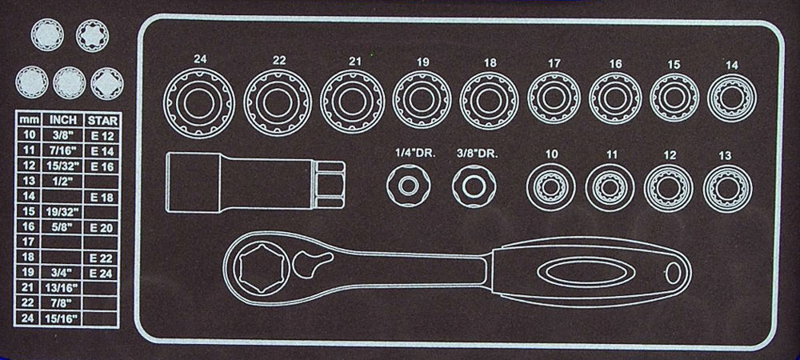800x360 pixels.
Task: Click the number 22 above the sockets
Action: (x=278, y=60)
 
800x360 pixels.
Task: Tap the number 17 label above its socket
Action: (x=554, y=64)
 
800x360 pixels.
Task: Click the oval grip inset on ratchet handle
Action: (x=586, y=272)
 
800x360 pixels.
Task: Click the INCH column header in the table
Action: (x=63, y=120)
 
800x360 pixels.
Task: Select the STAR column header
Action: (x=102, y=121)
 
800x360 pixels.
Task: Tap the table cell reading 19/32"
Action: (x=63, y=211)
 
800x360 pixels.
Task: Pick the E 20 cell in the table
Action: (x=102, y=228)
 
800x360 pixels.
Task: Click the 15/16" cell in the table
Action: (x=63, y=318)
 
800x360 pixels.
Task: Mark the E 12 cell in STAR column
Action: (x=102, y=136)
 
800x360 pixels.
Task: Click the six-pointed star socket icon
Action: (x=92, y=36)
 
